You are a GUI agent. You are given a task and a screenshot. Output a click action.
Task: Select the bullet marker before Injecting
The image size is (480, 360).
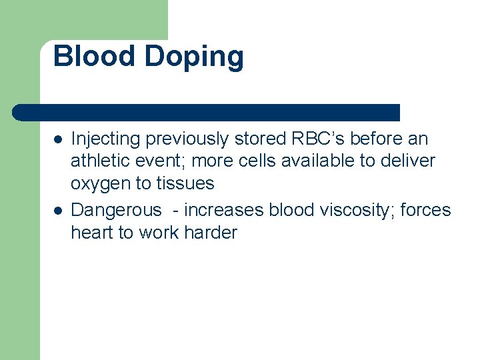coord(58,140)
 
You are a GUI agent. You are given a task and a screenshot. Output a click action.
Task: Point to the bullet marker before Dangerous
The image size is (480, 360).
coord(58,211)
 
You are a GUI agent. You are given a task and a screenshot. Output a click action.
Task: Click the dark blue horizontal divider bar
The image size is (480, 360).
coord(207,112)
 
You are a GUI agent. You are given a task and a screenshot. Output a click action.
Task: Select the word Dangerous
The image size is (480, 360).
coord(116,211)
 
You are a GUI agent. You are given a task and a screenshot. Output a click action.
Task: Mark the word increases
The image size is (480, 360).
coord(224,210)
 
